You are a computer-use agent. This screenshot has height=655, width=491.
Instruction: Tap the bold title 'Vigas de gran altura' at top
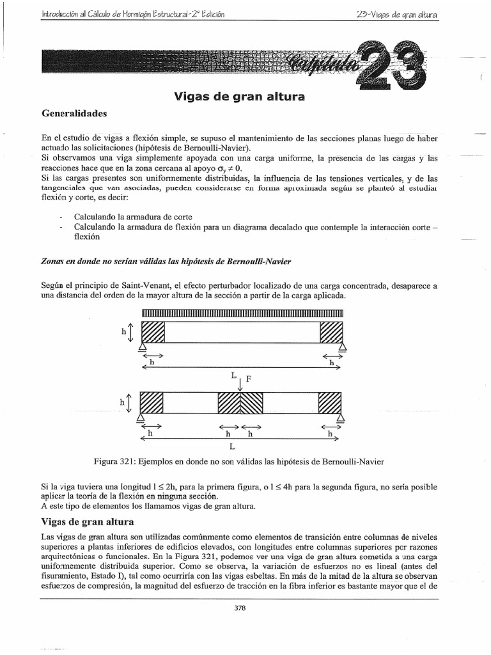click(x=239, y=97)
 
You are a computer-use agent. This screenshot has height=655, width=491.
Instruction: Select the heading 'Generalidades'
click(x=74, y=114)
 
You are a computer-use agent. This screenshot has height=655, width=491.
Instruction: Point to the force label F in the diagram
click(x=250, y=379)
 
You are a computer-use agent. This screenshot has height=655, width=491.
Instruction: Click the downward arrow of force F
click(x=240, y=385)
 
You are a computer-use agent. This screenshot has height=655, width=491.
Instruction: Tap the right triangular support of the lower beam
click(x=341, y=418)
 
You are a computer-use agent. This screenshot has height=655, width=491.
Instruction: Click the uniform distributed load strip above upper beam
click(x=242, y=312)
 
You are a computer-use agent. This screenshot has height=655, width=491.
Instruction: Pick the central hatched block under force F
click(x=240, y=404)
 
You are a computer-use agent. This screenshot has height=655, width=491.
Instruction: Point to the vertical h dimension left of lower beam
click(x=129, y=403)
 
